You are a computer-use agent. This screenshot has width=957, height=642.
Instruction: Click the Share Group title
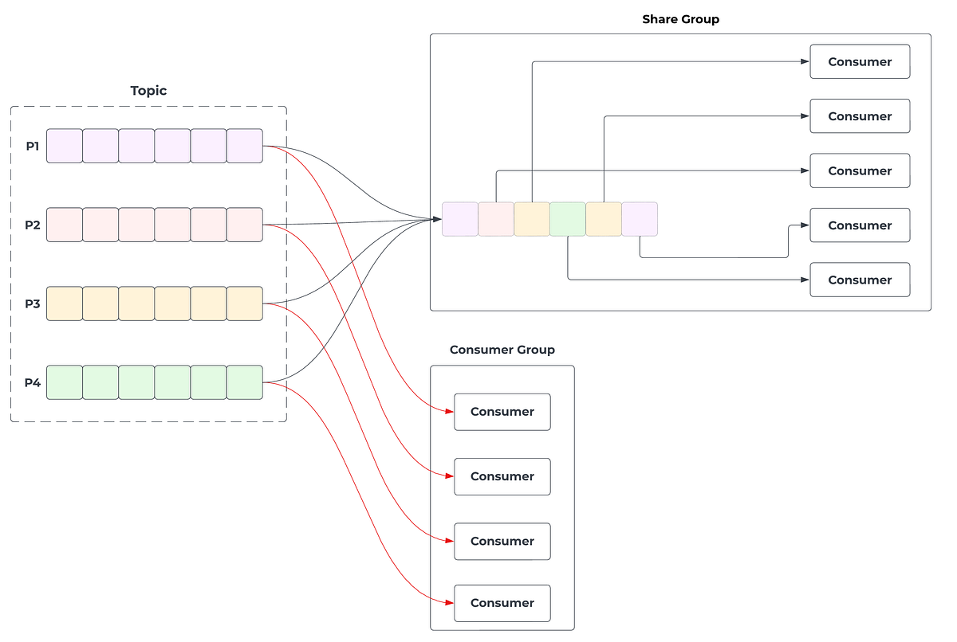(x=680, y=19)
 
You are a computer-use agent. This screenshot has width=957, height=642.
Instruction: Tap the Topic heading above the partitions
(x=148, y=91)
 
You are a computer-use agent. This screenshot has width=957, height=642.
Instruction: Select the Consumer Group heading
(x=502, y=350)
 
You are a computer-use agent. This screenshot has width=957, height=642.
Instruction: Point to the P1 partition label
(x=32, y=146)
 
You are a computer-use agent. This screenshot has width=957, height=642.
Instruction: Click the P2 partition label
(x=32, y=225)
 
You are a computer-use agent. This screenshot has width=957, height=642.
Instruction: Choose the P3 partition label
(x=32, y=303)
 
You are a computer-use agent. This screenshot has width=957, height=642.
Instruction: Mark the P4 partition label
(x=32, y=382)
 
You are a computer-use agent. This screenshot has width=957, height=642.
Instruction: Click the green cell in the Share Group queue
(x=568, y=219)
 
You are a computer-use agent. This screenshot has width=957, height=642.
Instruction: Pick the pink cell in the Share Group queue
(x=496, y=219)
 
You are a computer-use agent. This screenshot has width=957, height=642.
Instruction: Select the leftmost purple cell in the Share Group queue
(x=460, y=219)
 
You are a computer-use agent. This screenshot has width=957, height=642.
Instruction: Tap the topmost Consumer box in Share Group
(x=860, y=61)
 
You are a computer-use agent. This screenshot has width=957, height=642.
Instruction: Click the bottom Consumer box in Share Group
(x=860, y=280)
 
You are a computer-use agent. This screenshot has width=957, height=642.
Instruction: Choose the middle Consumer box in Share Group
(x=860, y=170)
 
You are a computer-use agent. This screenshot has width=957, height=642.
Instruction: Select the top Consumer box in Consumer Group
(x=502, y=412)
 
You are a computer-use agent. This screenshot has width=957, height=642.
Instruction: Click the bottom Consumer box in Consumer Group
(x=502, y=603)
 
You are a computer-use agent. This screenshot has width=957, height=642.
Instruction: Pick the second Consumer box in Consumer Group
(x=502, y=476)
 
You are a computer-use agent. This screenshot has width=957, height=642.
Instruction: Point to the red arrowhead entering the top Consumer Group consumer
(x=449, y=412)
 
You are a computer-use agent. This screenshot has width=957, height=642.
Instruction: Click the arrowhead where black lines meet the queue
(x=437, y=219)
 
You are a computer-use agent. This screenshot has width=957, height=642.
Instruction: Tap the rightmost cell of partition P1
(x=245, y=146)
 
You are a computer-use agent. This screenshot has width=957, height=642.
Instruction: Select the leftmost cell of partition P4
(x=65, y=382)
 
